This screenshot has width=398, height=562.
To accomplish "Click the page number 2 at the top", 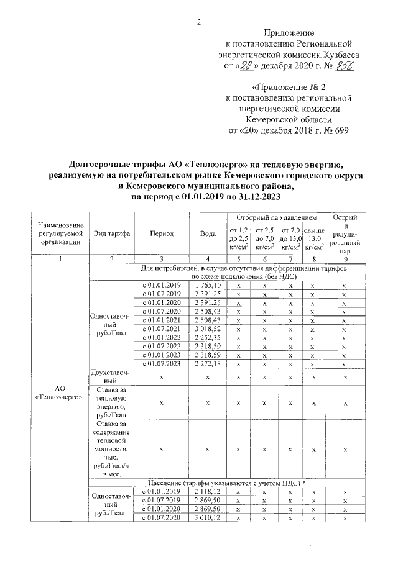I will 198,23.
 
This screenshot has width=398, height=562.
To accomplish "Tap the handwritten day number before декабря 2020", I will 248,66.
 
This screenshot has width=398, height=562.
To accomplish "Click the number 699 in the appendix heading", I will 340,130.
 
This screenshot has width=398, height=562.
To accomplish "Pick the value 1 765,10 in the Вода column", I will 208,284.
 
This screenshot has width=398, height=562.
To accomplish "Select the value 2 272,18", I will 208,363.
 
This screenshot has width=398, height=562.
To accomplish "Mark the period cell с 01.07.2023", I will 161,363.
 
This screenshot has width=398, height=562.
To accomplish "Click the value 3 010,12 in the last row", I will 208,517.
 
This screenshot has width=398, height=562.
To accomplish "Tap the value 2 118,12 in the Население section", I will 208,491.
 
